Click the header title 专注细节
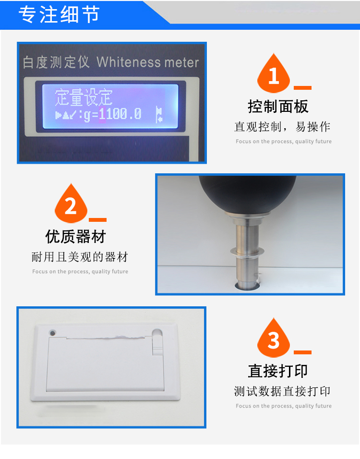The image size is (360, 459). [x=59, y=14]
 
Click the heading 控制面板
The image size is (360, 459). [x=278, y=106]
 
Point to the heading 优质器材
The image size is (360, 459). [x=75, y=237]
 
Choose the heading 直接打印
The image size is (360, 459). [x=278, y=371]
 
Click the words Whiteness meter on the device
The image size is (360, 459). [x=147, y=62]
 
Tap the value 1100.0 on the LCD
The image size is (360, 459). [x=120, y=114]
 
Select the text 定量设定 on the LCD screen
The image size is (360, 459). [x=84, y=97]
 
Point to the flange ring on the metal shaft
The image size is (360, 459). [x=247, y=251]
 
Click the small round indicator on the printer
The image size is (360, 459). [x=53, y=333]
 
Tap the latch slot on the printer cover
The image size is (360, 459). [x=157, y=341]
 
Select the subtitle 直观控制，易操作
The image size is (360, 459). [x=282, y=127]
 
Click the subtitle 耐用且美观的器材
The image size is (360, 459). [x=80, y=257]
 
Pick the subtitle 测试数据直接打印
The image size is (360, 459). [x=282, y=391]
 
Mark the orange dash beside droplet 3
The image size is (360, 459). [x=302, y=352]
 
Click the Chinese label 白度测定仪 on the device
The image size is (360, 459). [x=56, y=62]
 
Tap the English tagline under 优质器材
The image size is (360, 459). [x=80, y=272]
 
